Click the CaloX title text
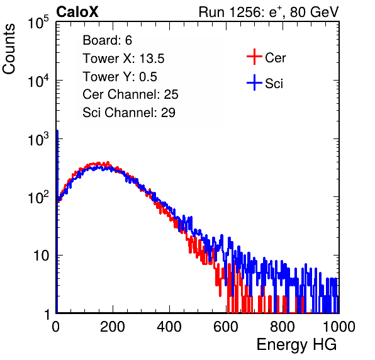(x=77, y=12)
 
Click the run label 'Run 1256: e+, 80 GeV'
(x=269, y=12)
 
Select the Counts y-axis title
(x=9, y=49)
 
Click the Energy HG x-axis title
(x=296, y=345)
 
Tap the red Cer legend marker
(x=254, y=57)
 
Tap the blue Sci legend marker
(x=254, y=82)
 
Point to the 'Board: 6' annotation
(x=107, y=40)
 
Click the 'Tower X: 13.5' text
(x=123, y=59)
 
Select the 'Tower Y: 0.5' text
(x=120, y=77)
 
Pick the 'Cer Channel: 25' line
(x=130, y=94)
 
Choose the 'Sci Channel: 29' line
(x=129, y=113)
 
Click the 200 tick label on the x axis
(x=113, y=327)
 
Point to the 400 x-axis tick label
(x=169, y=327)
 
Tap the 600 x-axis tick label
(x=226, y=327)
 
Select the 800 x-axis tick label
(x=283, y=327)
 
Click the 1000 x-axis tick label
(x=339, y=327)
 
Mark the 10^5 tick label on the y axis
(x=38, y=23)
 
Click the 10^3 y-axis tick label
(x=38, y=139)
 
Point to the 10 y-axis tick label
(x=42, y=256)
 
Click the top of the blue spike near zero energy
(x=57, y=131)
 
